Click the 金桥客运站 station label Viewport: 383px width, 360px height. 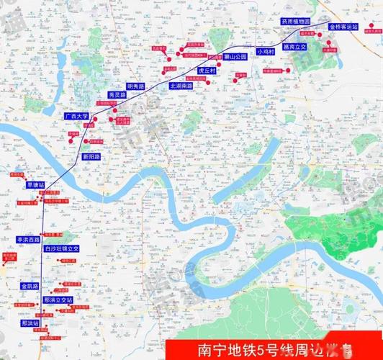click(343, 27)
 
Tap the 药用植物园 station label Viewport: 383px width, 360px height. click(295, 22)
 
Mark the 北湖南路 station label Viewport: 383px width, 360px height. click(181, 85)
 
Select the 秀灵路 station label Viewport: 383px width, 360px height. click(117, 94)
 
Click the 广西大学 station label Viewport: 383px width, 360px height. click(76, 115)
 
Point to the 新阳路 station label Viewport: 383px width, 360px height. click(91, 156)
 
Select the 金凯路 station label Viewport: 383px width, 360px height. click(29, 286)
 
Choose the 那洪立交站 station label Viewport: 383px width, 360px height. click(58, 299)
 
